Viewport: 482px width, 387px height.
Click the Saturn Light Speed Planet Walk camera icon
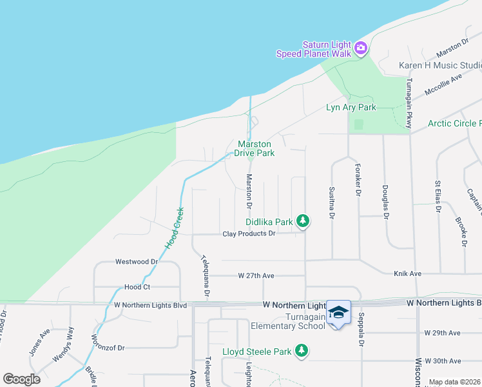pyautogui.click(x=360, y=48)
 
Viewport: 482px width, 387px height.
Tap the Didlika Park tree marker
pyautogui.click(x=304, y=222)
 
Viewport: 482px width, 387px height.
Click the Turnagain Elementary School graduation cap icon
pyautogui.click(x=338, y=312)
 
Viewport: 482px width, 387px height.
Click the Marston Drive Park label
pyautogui.click(x=256, y=148)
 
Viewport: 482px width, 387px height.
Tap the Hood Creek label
pyautogui.click(x=173, y=227)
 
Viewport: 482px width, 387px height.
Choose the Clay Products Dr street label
pyautogui.click(x=249, y=233)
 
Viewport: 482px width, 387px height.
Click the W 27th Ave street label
pyautogui.click(x=256, y=275)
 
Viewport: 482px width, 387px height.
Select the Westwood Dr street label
pyautogui.click(x=136, y=262)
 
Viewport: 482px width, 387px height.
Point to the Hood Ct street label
pyautogui.click(x=137, y=287)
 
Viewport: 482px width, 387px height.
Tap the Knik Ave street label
pyautogui.click(x=407, y=273)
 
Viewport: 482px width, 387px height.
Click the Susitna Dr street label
pyautogui.click(x=331, y=204)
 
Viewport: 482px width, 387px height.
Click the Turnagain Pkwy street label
pyautogui.click(x=409, y=103)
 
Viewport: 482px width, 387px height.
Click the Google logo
pyautogui.click(x=21, y=379)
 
